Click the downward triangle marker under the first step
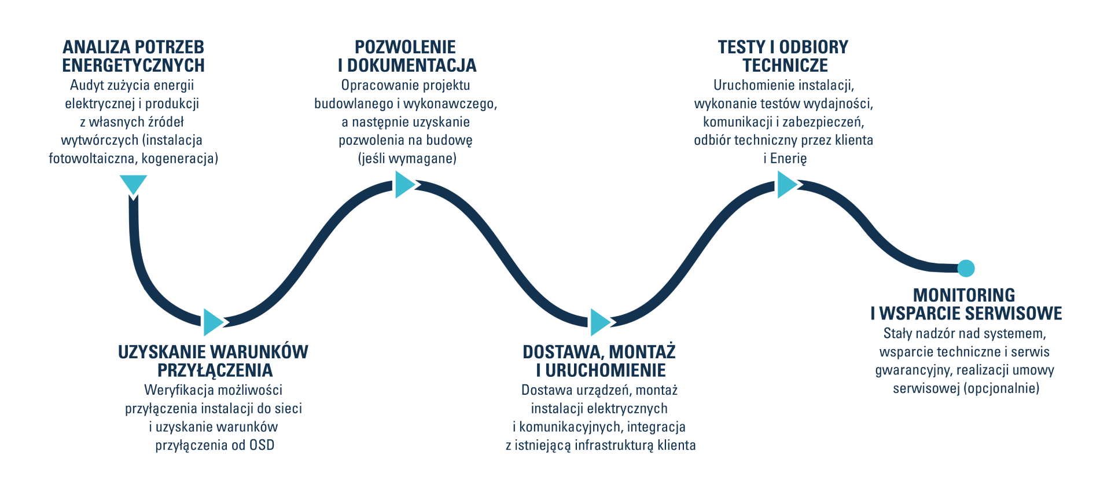(x=133, y=183)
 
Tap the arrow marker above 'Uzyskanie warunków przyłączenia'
(x=212, y=322)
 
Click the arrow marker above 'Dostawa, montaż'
(x=599, y=322)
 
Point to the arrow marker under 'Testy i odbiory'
(x=786, y=185)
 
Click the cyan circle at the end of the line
(x=966, y=268)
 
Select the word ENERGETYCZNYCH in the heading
(x=133, y=65)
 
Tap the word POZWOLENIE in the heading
(x=405, y=47)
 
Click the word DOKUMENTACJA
(x=411, y=65)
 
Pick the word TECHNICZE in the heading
(x=785, y=65)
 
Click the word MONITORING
(x=964, y=295)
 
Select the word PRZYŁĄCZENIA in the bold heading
(x=215, y=370)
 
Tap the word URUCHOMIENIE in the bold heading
(x=605, y=370)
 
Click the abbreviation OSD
(x=262, y=445)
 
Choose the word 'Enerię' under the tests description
(x=788, y=158)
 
